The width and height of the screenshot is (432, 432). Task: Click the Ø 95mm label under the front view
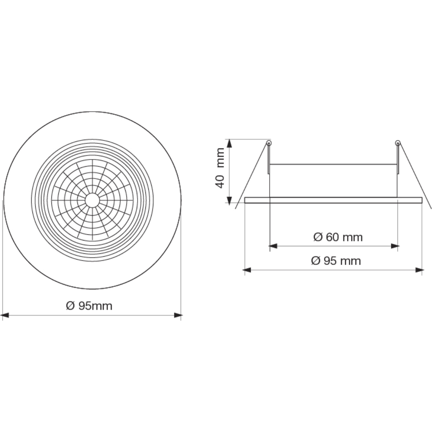pos(89,306)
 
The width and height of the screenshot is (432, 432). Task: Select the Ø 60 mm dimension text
pos(338,237)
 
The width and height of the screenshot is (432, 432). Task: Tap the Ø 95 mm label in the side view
pos(336,261)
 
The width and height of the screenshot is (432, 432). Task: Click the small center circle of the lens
pos(92,200)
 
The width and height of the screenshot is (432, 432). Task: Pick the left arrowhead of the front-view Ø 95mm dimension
pos(5,315)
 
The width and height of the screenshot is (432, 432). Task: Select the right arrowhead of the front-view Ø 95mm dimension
pos(178,315)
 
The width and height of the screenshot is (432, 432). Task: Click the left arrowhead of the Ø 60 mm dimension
pos(273,246)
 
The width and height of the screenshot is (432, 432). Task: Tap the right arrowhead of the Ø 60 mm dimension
pos(394,246)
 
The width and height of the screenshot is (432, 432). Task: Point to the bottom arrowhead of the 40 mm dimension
pos(229,199)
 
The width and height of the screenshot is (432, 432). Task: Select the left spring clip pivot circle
pos(269,143)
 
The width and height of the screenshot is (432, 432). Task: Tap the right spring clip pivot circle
pos(398,143)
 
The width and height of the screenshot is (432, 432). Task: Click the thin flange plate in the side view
pos(333,200)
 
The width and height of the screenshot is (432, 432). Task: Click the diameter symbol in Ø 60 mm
pos(318,237)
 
